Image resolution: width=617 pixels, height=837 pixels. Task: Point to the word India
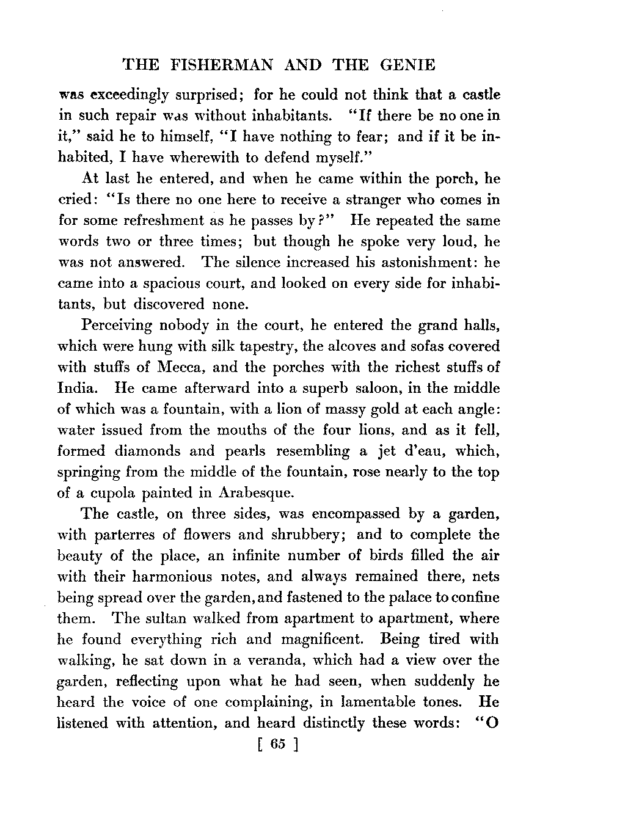[x=76, y=388]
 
